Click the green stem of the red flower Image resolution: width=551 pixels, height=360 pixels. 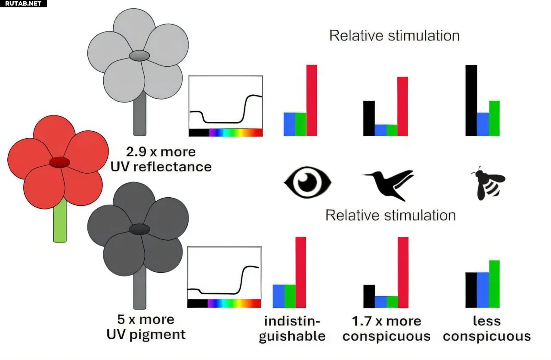click(60, 220)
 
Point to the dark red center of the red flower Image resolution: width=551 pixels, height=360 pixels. click(59, 162)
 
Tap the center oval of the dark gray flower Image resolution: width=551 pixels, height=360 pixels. click(139, 229)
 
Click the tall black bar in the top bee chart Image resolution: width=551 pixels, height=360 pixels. click(471, 100)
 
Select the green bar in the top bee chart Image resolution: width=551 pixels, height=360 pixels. click(494, 118)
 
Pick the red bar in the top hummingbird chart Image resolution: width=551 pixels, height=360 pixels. click(402, 106)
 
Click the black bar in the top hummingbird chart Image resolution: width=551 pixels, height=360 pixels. click(369, 118)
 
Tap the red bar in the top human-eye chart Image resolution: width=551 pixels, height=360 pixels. click(311, 100)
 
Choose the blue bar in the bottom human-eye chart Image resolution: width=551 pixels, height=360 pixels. click(279, 296)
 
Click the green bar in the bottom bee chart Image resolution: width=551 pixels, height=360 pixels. click(494, 284)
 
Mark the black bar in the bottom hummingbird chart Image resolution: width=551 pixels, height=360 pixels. click(369, 296)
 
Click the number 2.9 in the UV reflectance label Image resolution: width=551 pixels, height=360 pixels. click(136, 152)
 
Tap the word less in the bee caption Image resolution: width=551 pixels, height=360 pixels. click(486, 321)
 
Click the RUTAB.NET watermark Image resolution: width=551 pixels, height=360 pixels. click(23, 4)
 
